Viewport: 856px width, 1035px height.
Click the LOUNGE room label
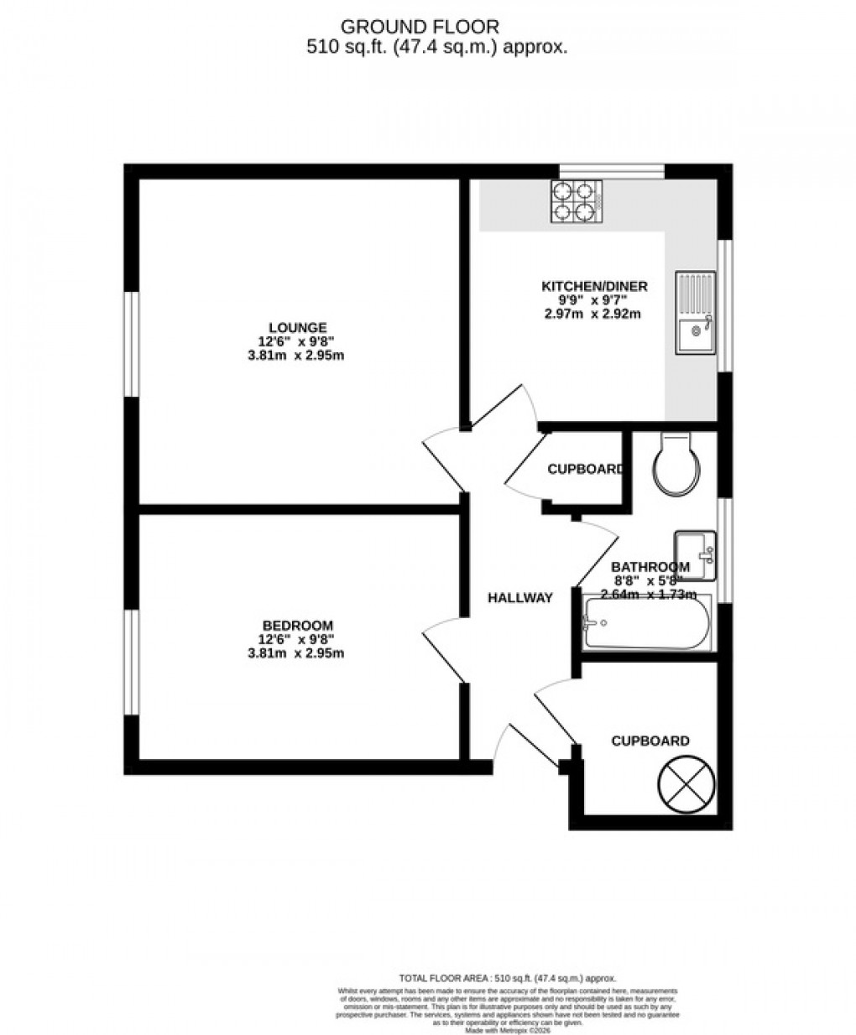(297, 327)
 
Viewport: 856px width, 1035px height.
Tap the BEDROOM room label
(297, 625)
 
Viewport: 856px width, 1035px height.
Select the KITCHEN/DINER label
(593, 286)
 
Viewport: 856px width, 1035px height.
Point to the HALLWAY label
(520, 598)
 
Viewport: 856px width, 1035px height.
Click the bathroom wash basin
(694, 554)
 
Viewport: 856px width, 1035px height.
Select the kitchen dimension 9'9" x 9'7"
(593, 300)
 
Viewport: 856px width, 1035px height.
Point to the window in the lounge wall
(131, 343)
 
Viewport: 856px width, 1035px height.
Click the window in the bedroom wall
(131, 662)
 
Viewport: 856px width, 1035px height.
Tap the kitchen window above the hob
(612, 171)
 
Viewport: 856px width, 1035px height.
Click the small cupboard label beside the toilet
(585, 470)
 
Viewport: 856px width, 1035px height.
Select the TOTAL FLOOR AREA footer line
(507, 978)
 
